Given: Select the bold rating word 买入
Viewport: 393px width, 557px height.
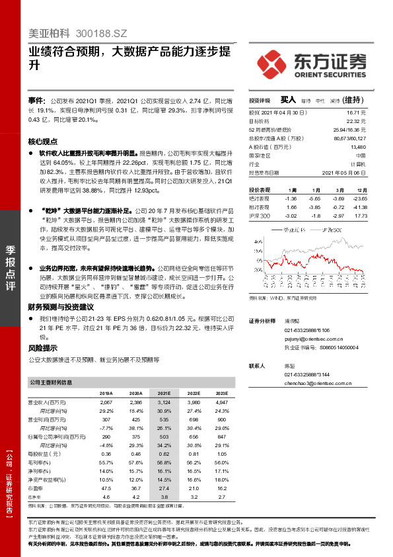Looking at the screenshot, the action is tap(287, 100).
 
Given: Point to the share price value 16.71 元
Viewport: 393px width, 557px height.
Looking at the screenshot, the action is tap(357, 114).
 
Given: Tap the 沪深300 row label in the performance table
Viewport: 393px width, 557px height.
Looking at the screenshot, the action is tap(260, 216).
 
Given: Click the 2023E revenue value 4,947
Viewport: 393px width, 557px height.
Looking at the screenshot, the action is tap(221, 402).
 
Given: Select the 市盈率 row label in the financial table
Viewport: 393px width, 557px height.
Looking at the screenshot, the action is tap(36, 486).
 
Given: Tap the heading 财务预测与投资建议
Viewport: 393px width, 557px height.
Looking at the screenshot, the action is tap(61, 308).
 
